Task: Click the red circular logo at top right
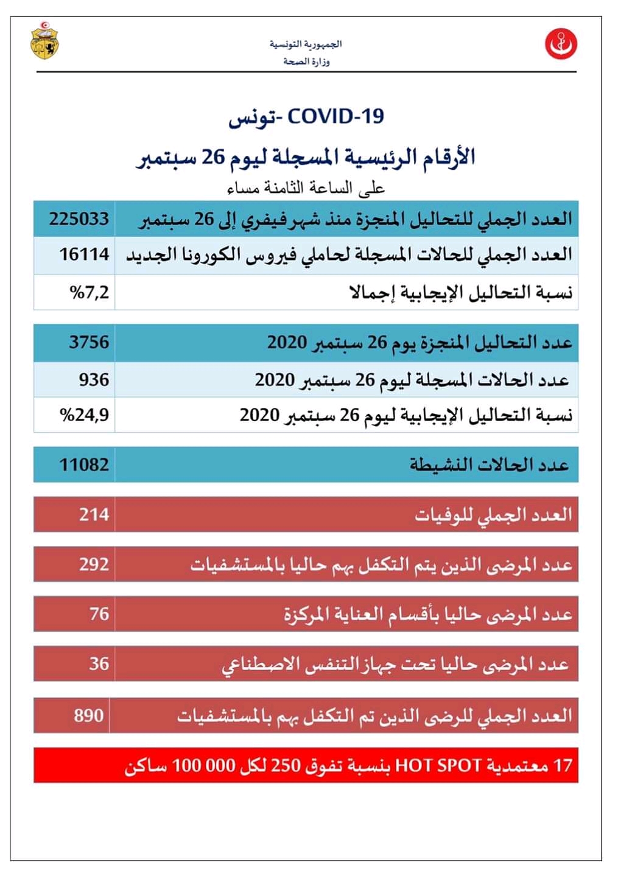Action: tap(561, 44)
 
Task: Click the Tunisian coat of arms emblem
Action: tap(45, 41)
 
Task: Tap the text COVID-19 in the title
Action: tap(335, 116)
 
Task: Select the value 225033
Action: tap(79, 218)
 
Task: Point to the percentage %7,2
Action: tap(90, 292)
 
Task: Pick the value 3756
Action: tap(89, 341)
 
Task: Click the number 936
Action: tap(94, 379)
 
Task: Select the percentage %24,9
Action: tap(84, 415)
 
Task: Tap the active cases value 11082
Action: tap(84, 465)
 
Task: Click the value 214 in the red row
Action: tap(94, 515)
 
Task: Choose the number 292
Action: tap(94, 564)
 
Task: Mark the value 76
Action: tap(99, 614)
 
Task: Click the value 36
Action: tap(99, 663)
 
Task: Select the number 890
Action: tap(89, 715)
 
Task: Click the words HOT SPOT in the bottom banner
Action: tap(438, 765)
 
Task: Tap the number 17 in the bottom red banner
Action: tap(563, 765)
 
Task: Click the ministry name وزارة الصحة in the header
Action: tap(306, 61)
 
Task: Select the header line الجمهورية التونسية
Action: tap(306, 44)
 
